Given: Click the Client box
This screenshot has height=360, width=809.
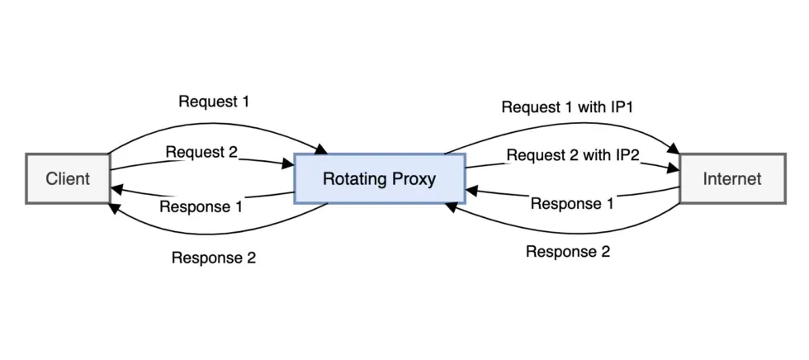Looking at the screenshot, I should click(x=67, y=178).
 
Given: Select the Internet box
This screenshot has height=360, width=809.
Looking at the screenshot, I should click(x=731, y=178).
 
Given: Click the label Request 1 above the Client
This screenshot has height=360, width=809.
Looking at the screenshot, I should click(x=214, y=102).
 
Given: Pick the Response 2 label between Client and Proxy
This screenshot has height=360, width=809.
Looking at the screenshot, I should click(x=214, y=257).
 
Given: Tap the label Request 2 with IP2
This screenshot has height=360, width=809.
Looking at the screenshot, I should click(x=573, y=155).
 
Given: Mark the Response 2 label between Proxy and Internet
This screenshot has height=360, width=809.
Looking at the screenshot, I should click(x=568, y=252).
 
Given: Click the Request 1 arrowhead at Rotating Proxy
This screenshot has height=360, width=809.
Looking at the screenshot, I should click(x=322, y=149).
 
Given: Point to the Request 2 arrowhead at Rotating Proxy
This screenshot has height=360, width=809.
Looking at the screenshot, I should click(x=290, y=164).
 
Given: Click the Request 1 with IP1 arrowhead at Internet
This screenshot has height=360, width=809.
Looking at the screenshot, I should click(x=674, y=149).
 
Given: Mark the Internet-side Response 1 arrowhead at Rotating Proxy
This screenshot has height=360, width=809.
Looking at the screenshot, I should click(x=471, y=191).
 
